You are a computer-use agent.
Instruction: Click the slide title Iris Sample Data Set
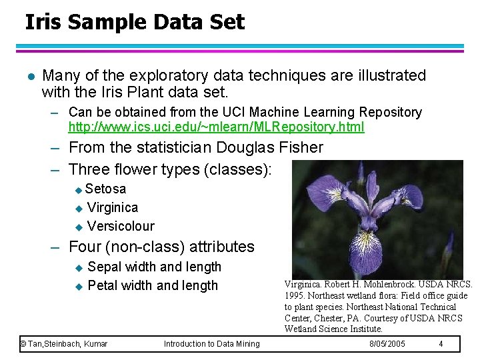pos(135,22)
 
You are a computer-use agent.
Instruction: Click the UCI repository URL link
pos(216,127)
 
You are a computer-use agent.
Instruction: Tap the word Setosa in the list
pos(105,189)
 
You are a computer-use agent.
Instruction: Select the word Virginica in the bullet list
pos(113,207)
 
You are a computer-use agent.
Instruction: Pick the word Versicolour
pos(121,226)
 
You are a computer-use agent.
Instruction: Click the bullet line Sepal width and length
pos(154,267)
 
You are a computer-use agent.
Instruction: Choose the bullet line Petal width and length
pos(153,285)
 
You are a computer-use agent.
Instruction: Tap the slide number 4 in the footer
pos(441,344)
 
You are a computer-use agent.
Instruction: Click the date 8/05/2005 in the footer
pos(387,344)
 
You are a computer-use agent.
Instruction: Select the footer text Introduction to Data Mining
pos(211,344)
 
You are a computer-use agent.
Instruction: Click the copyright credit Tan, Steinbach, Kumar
pos(64,344)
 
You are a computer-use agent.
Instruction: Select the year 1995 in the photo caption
pos(295,295)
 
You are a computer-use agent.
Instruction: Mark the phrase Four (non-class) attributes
pos(161,247)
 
